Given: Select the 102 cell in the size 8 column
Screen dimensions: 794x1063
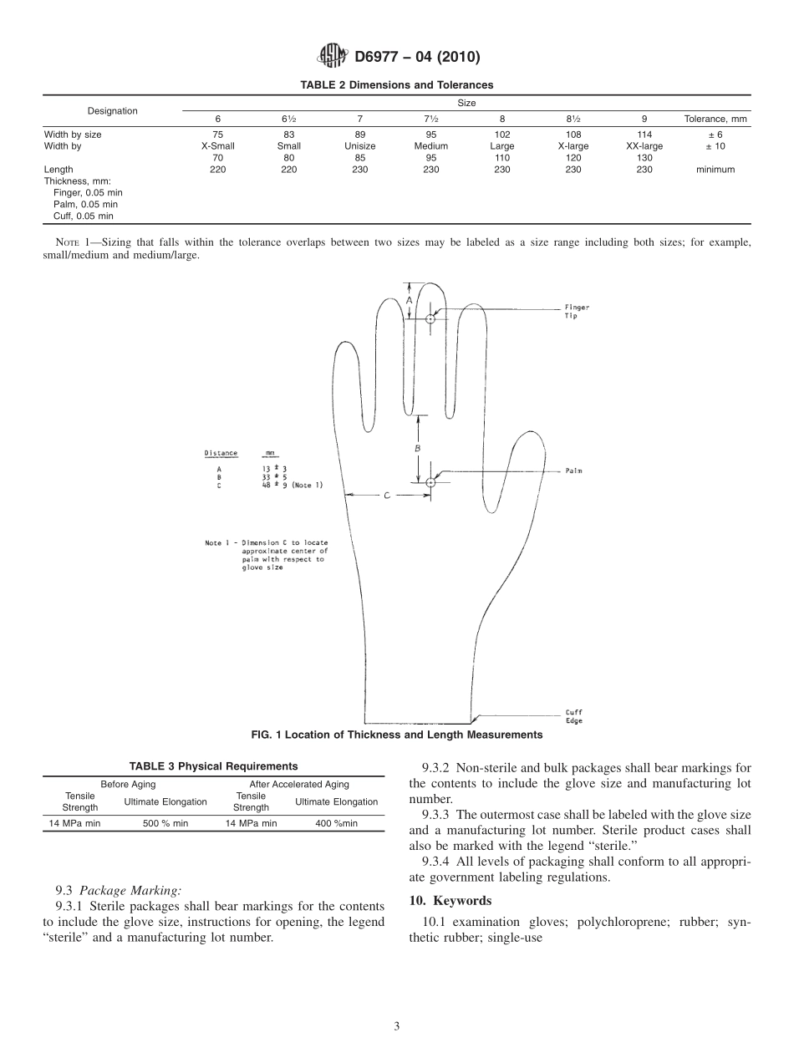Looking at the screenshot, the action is (x=502, y=134).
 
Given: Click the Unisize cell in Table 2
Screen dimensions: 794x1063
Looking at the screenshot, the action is (x=359, y=145).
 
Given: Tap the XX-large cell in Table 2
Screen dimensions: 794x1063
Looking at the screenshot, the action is (x=644, y=145).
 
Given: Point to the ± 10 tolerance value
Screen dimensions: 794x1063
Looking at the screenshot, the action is (x=715, y=145).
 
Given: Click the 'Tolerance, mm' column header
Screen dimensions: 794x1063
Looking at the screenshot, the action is (x=715, y=119).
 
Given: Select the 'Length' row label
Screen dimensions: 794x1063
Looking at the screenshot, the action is (x=59, y=170).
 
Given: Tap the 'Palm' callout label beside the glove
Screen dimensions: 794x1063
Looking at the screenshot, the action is (x=573, y=471).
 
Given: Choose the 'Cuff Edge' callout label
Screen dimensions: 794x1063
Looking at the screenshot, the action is (x=574, y=717).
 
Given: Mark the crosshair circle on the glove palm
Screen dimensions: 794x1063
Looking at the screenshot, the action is (x=430, y=482).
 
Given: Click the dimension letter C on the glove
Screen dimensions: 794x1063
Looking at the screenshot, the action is (x=387, y=496).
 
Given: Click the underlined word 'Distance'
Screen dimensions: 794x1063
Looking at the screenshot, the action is (x=221, y=454).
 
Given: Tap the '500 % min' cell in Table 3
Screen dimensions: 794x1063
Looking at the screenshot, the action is (x=165, y=823).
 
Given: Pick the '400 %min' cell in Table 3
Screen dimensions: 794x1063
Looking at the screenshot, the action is (x=336, y=823).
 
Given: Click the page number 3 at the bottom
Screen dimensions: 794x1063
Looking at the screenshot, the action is (x=397, y=1027).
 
